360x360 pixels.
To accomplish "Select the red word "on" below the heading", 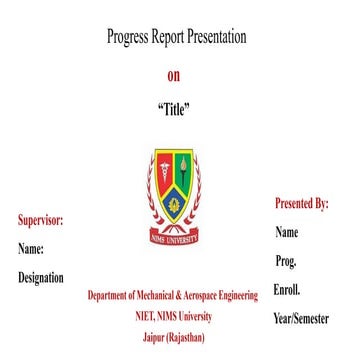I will pyautogui.click(x=174, y=75).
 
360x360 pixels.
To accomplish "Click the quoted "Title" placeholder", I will pyautogui.click(x=174, y=109).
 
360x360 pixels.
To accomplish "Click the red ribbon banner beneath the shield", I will pyautogui.click(x=174, y=236).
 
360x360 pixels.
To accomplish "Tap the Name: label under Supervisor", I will pyautogui.click(x=31, y=248).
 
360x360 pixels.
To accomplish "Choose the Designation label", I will pyautogui.click(x=41, y=278).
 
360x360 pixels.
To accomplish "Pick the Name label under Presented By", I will pyautogui.click(x=287, y=233).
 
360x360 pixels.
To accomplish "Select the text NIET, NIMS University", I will pyautogui.click(x=174, y=317).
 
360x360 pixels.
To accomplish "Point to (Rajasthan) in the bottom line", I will pyautogui.click(x=188, y=337).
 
